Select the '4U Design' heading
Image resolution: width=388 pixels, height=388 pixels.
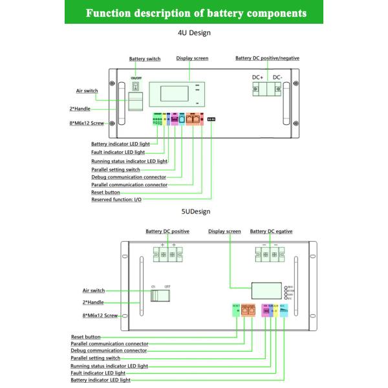click(195, 32)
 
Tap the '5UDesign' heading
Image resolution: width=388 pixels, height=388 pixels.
click(195, 211)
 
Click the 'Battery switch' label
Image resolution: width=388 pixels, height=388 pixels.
click(145, 59)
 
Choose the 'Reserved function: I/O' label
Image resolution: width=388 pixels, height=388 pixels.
click(116, 200)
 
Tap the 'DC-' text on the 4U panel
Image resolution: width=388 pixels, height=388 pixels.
click(277, 78)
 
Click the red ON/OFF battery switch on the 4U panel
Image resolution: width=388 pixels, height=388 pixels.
click(136, 86)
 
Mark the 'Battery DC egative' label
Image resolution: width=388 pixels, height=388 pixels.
click(271, 231)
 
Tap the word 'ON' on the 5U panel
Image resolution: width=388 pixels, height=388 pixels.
click(154, 286)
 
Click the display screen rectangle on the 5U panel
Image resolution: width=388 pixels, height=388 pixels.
click(265, 292)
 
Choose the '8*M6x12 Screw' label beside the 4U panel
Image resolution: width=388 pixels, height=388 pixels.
click(87, 122)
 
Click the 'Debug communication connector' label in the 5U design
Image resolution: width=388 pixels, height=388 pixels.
click(109, 350)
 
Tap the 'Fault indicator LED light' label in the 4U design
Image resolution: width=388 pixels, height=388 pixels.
click(118, 152)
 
